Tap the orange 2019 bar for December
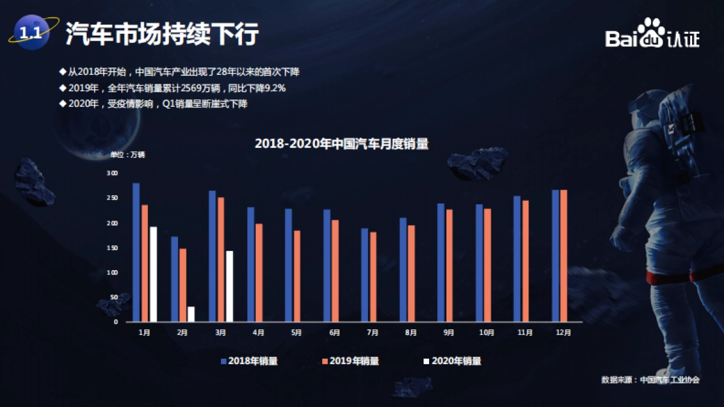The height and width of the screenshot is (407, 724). point(564,256)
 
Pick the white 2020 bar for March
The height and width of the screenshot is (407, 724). point(229,286)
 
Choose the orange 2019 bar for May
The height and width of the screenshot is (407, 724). point(297,276)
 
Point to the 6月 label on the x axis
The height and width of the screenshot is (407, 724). point(335,332)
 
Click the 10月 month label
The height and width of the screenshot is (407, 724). point(487,332)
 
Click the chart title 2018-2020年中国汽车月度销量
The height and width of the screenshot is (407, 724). point(341,144)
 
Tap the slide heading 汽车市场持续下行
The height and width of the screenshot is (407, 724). point(162,34)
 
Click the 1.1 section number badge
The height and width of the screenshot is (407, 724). point(31,33)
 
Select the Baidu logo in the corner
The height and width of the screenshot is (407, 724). point(652,34)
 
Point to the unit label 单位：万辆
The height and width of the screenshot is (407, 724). point(127,154)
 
